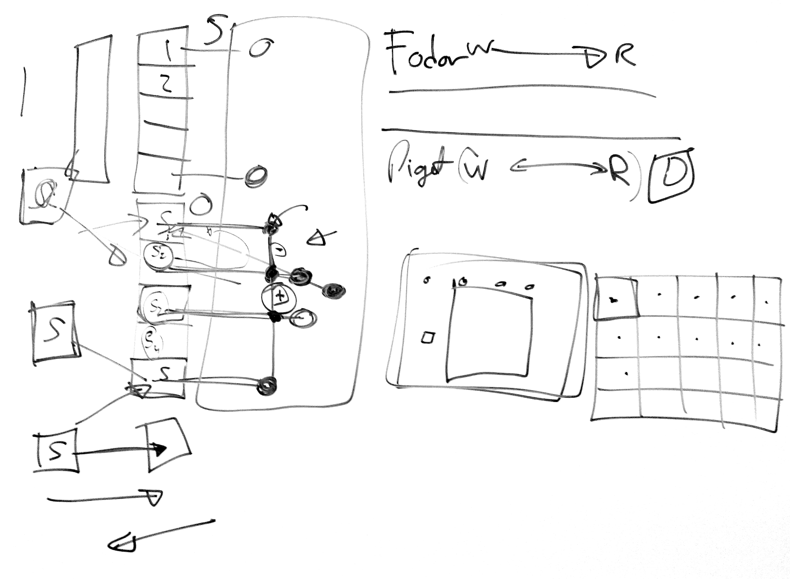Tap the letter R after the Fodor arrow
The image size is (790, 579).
point(625,55)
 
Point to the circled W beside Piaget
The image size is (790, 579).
point(474,169)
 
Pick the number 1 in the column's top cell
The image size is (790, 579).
point(167,51)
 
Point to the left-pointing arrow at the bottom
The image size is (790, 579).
point(158,535)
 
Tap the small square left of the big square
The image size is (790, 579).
point(428,337)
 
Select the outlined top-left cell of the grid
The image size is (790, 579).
point(615,298)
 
